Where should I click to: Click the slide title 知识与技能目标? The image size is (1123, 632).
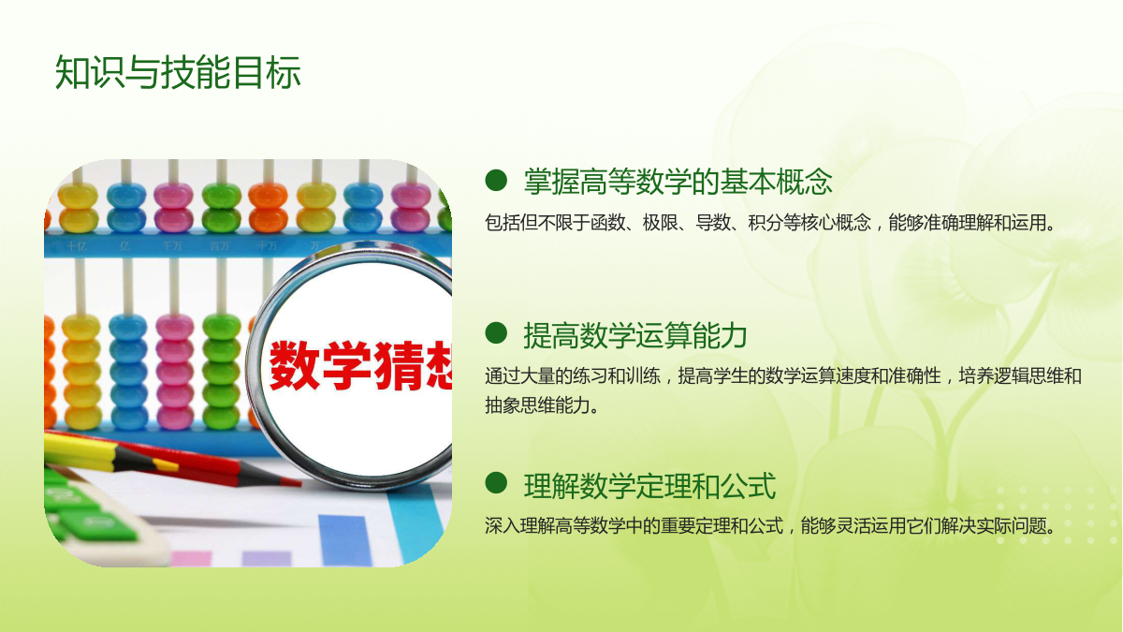(178, 72)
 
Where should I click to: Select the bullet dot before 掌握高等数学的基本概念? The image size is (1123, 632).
(496, 180)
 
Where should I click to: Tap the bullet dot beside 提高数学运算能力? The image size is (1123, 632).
(496, 333)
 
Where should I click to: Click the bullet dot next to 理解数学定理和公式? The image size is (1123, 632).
(496, 483)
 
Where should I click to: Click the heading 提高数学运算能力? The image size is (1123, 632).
(635, 335)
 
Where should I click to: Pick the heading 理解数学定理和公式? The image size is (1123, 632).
(649, 486)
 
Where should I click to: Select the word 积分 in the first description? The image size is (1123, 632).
(766, 222)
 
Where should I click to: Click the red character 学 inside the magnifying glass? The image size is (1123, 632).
(347, 365)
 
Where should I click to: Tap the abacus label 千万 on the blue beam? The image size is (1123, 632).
(171, 245)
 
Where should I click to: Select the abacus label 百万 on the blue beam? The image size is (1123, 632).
(219, 245)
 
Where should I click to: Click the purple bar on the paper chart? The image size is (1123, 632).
(267, 559)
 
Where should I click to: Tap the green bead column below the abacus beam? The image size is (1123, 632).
(221, 371)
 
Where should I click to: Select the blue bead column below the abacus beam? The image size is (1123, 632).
(128, 371)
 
